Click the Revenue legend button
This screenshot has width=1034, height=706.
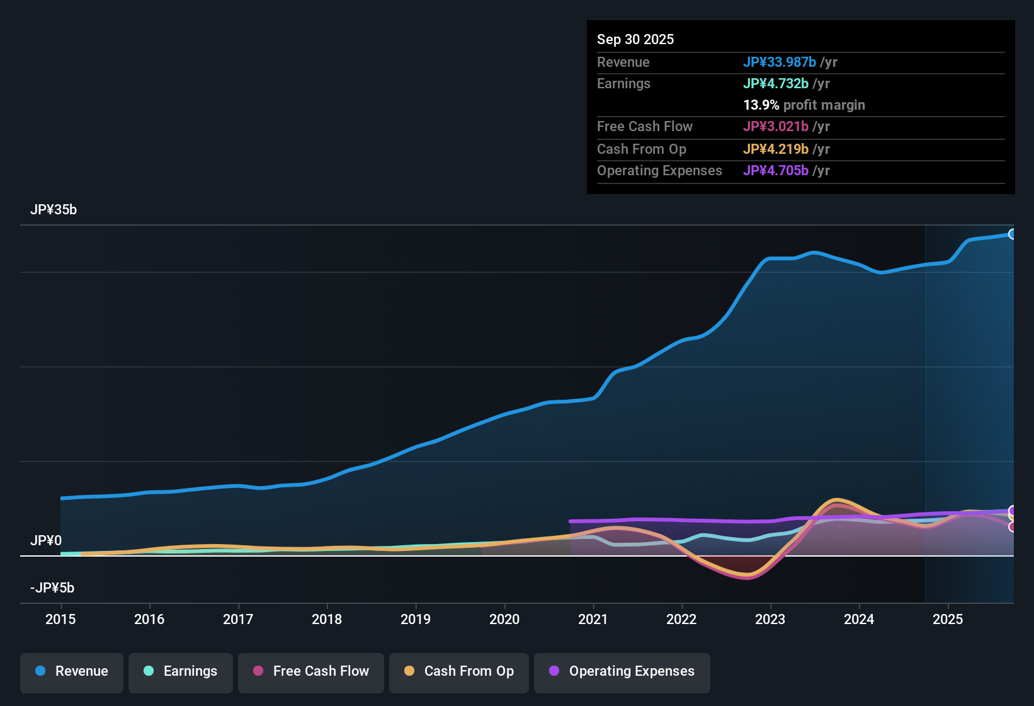[72, 671]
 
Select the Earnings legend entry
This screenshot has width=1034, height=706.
[181, 671]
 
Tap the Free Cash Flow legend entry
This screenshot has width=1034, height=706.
[311, 671]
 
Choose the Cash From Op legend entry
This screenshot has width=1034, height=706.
[459, 671]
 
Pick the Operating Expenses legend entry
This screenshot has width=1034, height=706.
[622, 671]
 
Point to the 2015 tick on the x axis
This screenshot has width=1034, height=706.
[60, 619]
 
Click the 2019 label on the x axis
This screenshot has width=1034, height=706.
[416, 619]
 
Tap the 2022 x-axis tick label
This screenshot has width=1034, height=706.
[681, 619]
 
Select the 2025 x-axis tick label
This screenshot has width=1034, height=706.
[948, 619]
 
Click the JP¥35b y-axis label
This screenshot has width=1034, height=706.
[54, 210]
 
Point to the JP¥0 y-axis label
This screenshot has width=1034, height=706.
[46, 541]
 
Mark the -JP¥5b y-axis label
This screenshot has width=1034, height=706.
[52, 588]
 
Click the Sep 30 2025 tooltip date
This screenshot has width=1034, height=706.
[635, 39]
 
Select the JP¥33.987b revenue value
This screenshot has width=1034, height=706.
[780, 62]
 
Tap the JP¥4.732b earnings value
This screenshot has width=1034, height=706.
[776, 84]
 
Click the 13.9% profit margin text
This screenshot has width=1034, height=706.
[804, 105]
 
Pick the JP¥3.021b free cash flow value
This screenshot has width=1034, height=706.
[776, 127]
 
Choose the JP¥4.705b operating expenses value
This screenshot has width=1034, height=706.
[776, 171]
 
